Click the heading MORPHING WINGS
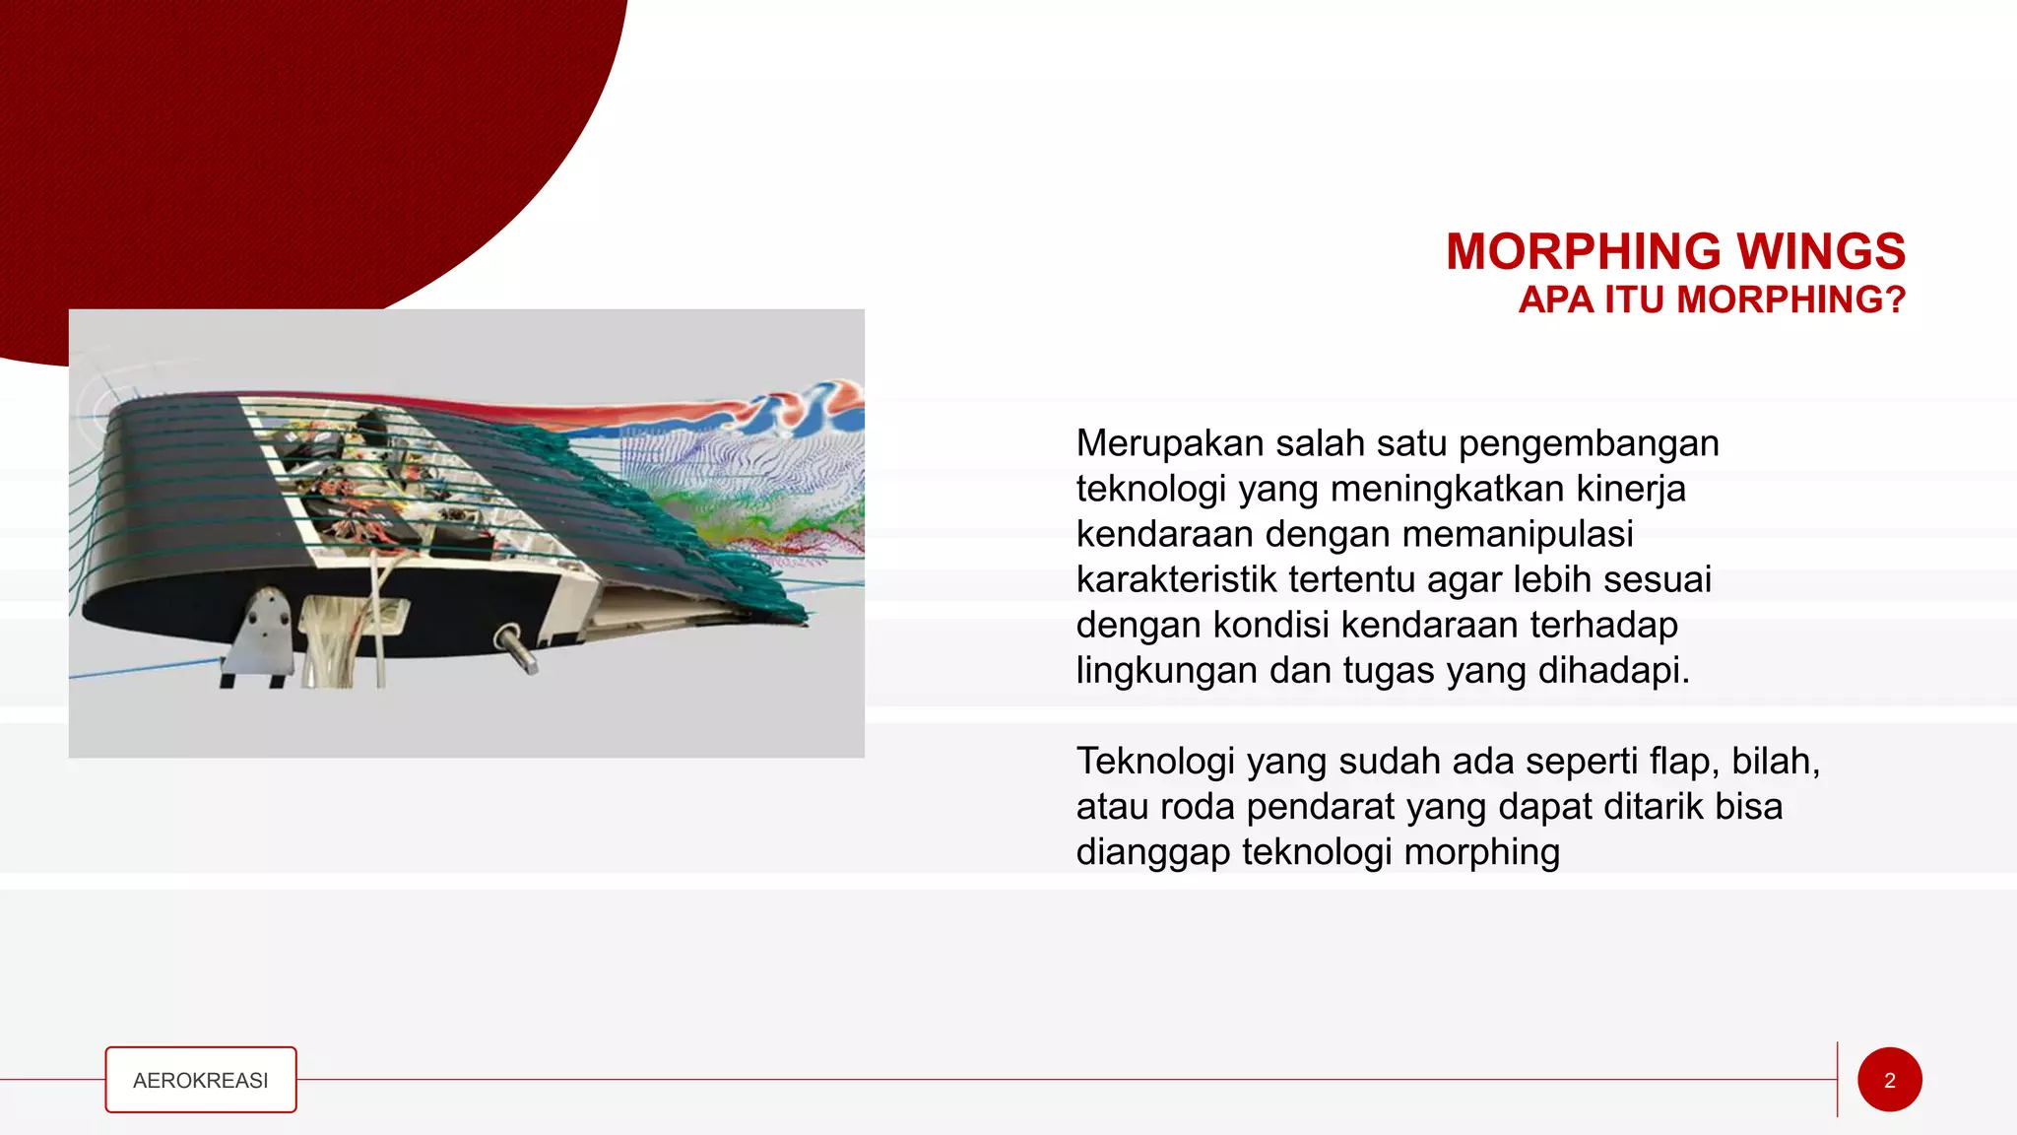coord(1675,251)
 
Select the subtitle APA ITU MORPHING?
coord(1712,300)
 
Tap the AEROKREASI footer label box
coord(201,1080)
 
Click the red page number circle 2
coord(1889,1080)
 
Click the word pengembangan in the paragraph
coord(1588,443)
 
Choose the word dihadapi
coord(1613,670)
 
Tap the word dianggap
coord(1152,852)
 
